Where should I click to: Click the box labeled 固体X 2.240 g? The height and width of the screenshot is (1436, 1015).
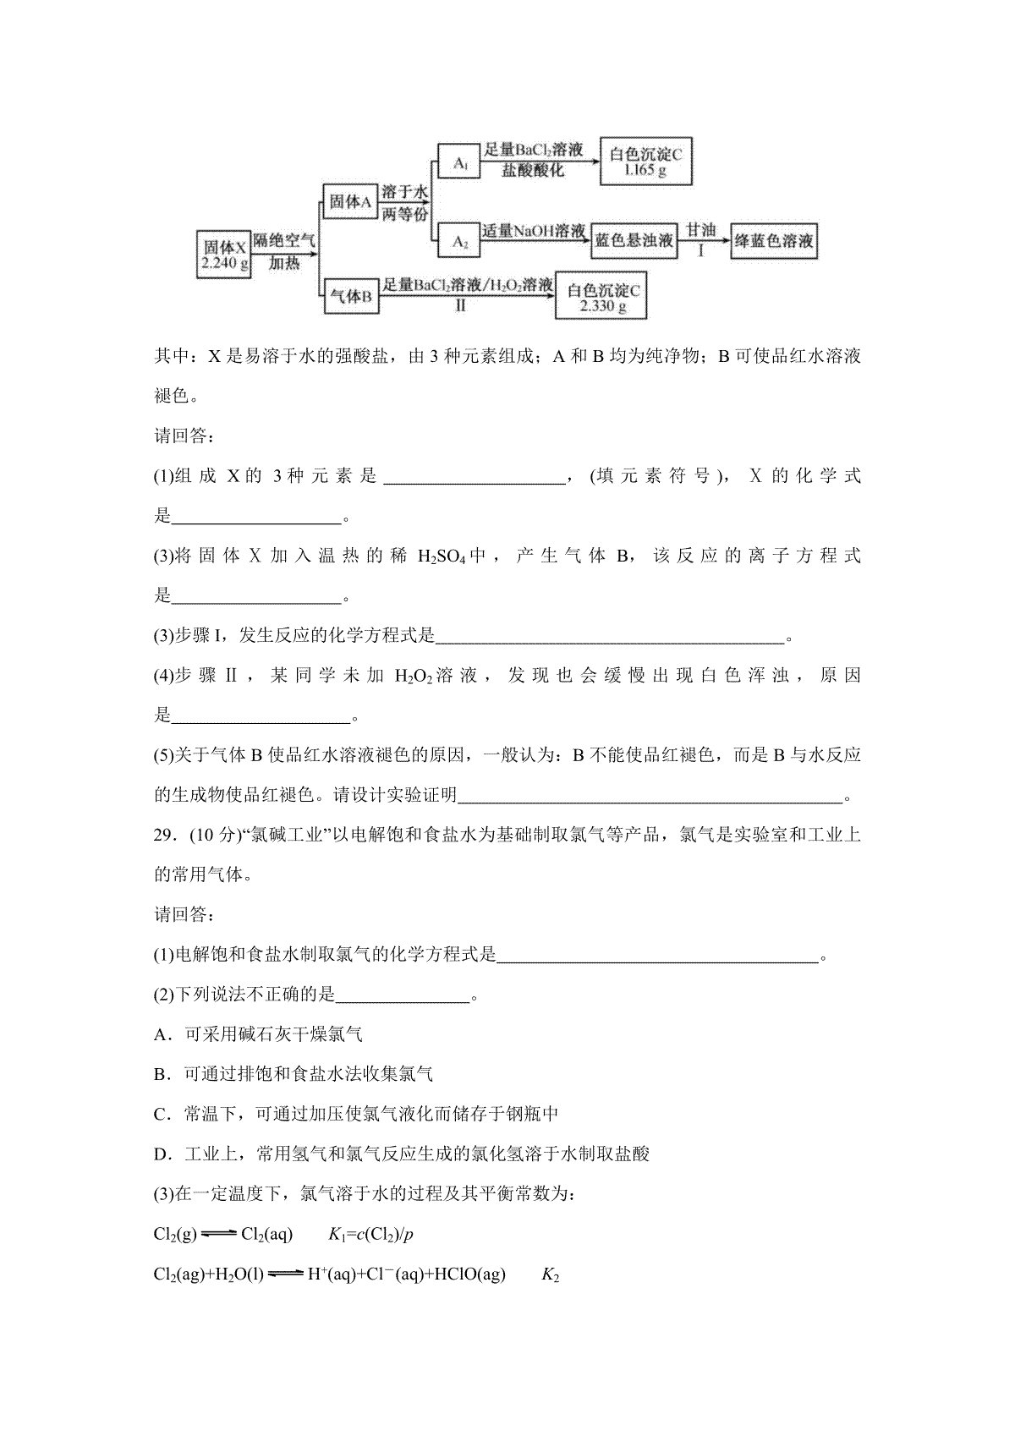[224, 254]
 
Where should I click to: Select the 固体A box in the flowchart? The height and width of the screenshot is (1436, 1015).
[349, 201]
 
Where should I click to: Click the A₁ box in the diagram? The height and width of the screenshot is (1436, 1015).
[459, 162]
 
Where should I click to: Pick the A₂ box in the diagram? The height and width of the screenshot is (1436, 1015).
[459, 242]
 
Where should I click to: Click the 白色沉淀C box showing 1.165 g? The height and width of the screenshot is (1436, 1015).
[645, 162]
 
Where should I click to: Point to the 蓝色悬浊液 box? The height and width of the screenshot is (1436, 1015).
[634, 241]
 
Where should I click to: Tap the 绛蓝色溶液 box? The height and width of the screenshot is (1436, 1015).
[773, 241]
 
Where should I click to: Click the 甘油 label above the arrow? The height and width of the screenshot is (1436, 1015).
[700, 229]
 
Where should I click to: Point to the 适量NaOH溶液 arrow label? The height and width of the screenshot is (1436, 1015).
[535, 230]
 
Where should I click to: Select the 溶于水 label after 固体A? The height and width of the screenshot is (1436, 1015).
[403, 192]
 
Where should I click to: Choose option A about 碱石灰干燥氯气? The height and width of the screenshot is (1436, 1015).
[259, 1034]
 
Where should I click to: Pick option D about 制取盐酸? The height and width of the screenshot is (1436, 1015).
[402, 1154]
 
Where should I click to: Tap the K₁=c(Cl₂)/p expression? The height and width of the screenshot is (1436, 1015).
[370, 1235]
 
